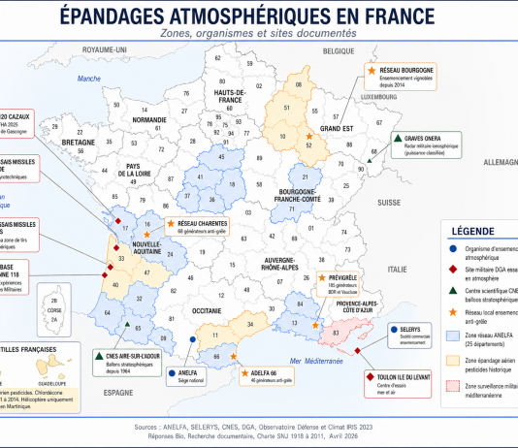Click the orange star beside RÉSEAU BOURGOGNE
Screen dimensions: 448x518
click(372, 71)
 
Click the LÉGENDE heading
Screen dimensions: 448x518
click(479, 230)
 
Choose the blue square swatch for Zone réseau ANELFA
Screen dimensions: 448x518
click(455, 336)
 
